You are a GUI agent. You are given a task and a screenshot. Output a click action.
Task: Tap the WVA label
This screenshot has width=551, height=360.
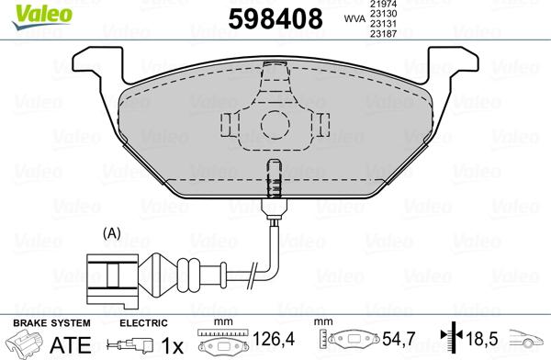pos(352,17)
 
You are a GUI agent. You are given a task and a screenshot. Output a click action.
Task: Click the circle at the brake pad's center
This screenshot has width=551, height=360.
pos(272,124)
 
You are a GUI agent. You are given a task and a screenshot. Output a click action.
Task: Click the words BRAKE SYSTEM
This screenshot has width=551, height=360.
pos(51,323)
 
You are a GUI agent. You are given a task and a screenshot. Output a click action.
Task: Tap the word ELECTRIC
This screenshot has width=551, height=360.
pos(144,323)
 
